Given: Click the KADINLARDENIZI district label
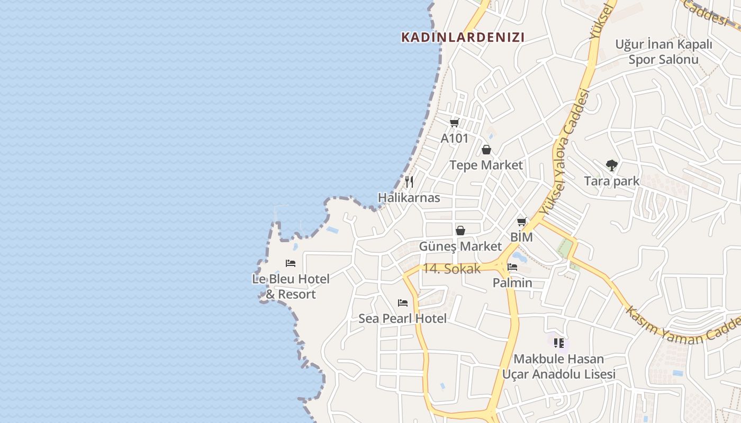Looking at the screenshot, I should pyautogui.click(x=463, y=37).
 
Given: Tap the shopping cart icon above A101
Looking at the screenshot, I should pyautogui.click(x=454, y=123).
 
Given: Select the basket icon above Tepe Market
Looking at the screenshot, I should pyautogui.click(x=486, y=150).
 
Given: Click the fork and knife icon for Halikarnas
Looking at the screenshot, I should pyautogui.click(x=409, y=182).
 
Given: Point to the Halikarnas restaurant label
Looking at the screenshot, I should pyautogui.click(x=409, y=198).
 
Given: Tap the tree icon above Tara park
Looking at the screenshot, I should pyautogui.click(x=611, y=165).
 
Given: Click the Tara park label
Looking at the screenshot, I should pyautogui.click(x=611, y=181).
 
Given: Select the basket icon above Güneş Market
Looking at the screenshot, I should pyautogui.click(x=460, y=231).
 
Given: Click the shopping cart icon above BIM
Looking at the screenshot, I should pyautogui.click(x=522, y=222).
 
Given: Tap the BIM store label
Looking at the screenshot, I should pyautogui.click(x=521, y=237).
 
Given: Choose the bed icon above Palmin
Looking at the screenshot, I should pyautogui.click(x=512, y=267).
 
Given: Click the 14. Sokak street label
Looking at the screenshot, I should pyautogui.click(x=451, y=269).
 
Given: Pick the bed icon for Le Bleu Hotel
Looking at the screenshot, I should pyautogui.click(x=291, y=263).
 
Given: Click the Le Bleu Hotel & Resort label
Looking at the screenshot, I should pyautogui.click(x=291, y=286).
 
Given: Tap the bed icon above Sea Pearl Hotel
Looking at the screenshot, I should pyautogui.click(x=403, y=303).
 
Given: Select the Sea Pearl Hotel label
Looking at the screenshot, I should pyautogui.click(x=403, y=318).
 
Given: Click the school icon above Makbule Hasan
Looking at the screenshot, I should pyautogui.click(x=559, y=343).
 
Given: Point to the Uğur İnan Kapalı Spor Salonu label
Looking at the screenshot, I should pyautogui.click(x=663, y=52).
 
